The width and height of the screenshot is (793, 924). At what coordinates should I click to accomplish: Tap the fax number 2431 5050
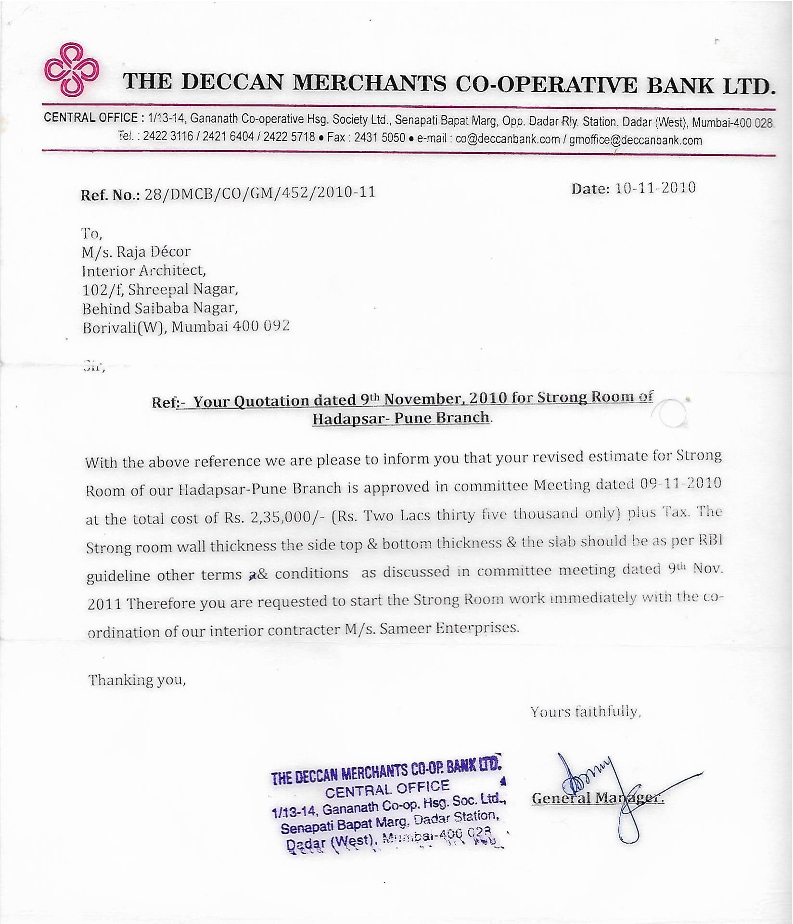coord(380,138)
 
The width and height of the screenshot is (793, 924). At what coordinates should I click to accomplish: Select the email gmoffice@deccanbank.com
coord(636,140)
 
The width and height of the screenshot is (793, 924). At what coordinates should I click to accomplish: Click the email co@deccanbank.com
coord(508,139)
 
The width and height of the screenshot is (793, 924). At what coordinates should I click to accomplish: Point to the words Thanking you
coord(137,680)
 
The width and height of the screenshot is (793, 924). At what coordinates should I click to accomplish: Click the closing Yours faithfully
coord(586,711)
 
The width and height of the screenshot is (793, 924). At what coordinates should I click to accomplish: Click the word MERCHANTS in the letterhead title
coord(370,82)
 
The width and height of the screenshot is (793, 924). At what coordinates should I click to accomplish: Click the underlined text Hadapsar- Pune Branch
coord(401,418)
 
